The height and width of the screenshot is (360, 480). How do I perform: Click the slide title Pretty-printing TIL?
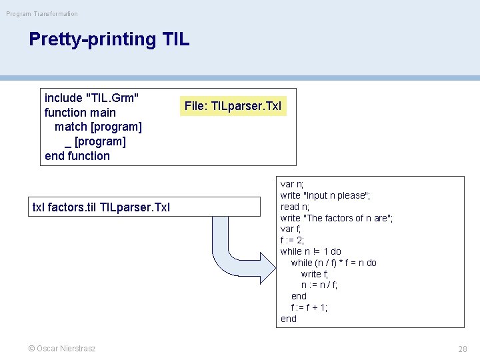(109, 39)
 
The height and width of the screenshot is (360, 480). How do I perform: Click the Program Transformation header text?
(42, 14)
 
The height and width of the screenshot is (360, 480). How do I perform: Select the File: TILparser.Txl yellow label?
(233, 106)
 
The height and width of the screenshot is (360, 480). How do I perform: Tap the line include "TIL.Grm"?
(92, 98)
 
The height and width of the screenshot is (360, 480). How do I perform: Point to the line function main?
(80, 113)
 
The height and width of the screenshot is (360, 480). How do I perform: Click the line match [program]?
(98, 127)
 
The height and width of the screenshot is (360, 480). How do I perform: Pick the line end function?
(77, 156)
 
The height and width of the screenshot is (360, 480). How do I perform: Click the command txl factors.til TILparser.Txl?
(101, 207)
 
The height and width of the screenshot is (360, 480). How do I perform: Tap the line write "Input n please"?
(325, 195)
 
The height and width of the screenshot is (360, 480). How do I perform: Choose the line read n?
(295, 207)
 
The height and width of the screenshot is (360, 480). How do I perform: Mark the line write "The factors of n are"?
(337, 218)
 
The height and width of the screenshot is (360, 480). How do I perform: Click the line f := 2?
(293, 240)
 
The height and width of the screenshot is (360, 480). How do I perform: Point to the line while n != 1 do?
(311, 251)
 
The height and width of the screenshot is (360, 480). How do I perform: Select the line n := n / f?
(319, 285)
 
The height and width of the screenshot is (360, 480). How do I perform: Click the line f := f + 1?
(309, 307)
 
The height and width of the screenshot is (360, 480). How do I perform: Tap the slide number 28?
(462, 349)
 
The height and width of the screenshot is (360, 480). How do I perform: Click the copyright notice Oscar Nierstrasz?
(61, 349)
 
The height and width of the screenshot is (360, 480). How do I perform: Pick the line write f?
(315, 274)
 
